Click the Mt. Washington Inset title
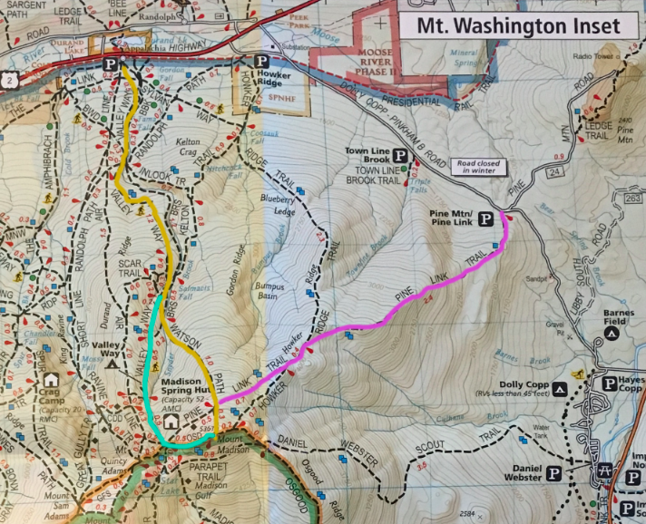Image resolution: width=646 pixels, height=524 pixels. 519,24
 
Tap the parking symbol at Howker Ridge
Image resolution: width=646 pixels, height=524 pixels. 261,62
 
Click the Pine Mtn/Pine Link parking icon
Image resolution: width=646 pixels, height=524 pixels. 486,218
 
